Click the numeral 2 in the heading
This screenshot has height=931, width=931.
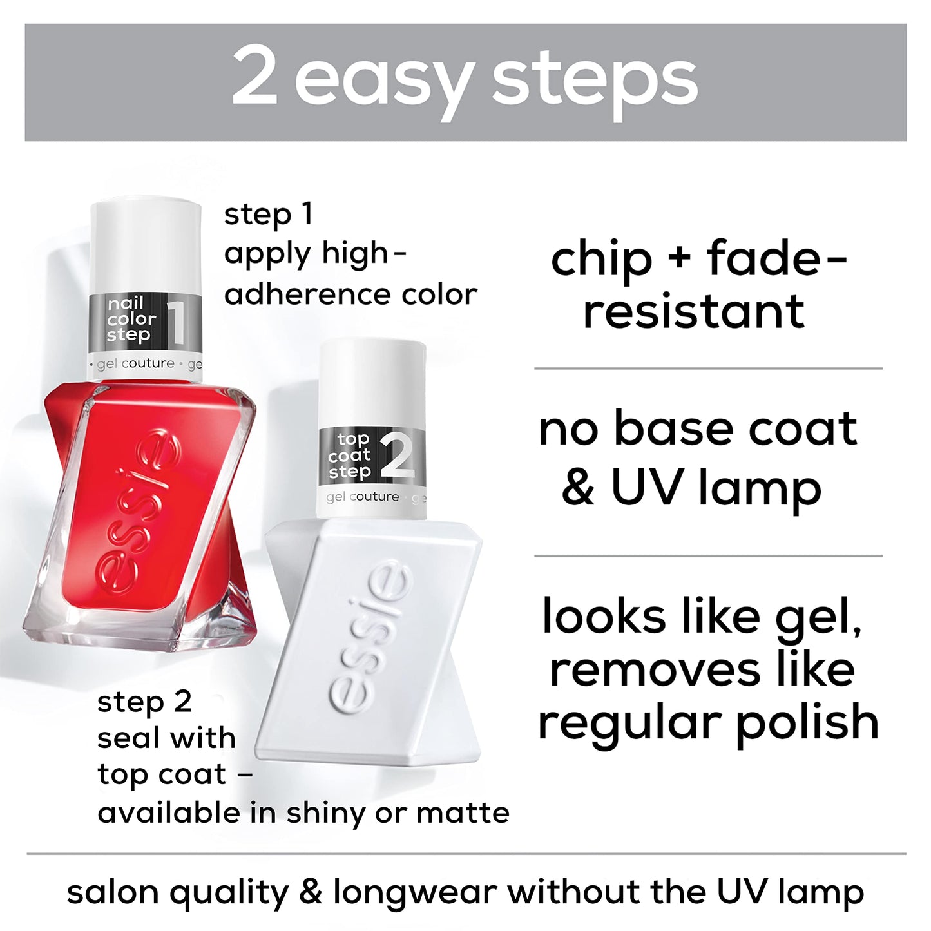(x=255, y=77)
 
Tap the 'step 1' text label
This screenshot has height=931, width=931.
(x=268, y=215)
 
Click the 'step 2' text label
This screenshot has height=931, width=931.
(x=144, y=702)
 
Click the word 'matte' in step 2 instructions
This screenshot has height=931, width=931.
(x=463, y=813)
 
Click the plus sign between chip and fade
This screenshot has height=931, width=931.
(x=679, y=260)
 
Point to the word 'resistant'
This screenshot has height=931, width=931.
(x=694, y=312)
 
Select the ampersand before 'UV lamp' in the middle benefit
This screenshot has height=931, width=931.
(x=578, y=488)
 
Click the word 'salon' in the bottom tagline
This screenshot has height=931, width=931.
(x=113, y=893)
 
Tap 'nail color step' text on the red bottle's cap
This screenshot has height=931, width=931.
(x=131, y=319)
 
